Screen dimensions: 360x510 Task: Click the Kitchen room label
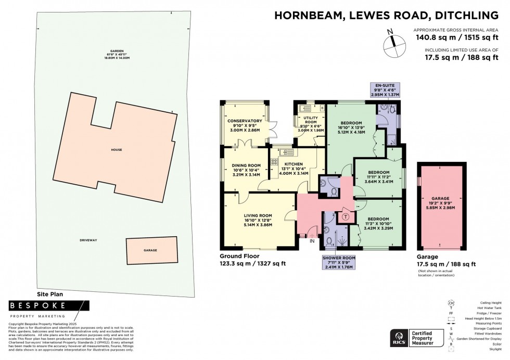coord(294,169)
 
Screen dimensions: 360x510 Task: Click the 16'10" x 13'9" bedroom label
coord(351,127)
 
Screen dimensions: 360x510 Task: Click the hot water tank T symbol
coord(345,216)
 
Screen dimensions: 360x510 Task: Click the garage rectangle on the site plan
coord(150,250)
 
